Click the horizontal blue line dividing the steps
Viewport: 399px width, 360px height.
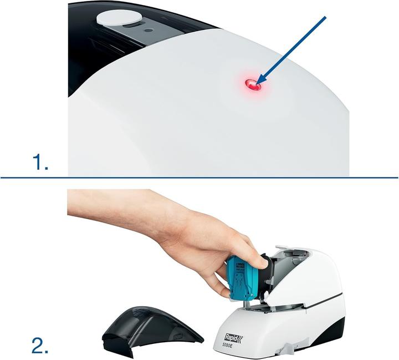[x=199, y=178]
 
